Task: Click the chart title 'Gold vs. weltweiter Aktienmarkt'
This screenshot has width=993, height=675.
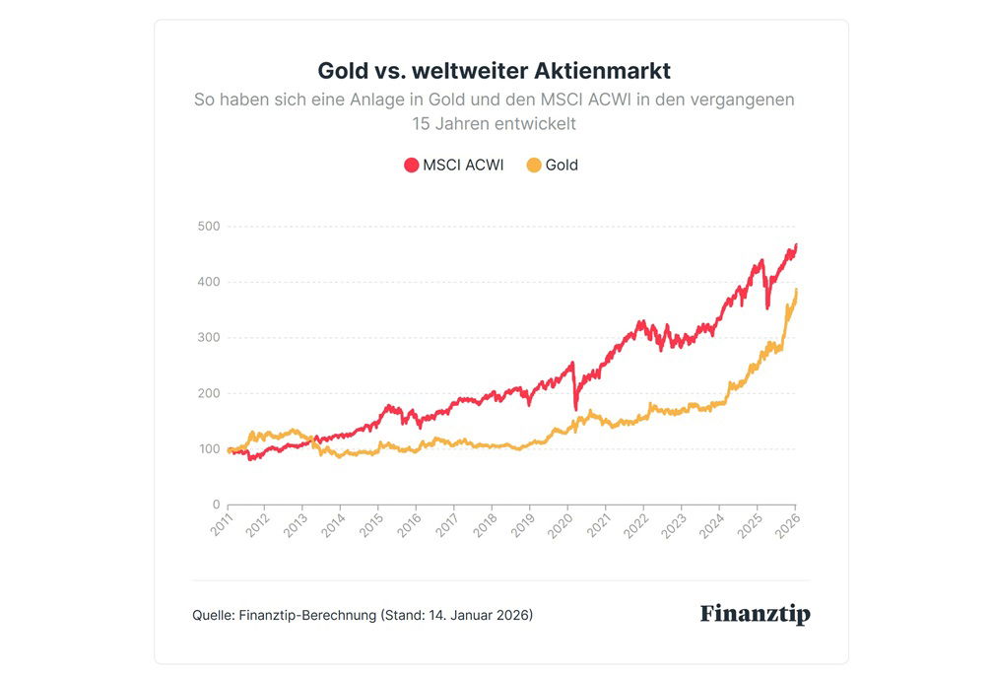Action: click(495, 71)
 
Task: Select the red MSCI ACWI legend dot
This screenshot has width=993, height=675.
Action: click(412, 166)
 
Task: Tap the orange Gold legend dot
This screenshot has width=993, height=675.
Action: click(534, 166)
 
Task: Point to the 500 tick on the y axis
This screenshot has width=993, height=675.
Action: click(208, 227)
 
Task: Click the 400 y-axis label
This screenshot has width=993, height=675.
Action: click(208, 283)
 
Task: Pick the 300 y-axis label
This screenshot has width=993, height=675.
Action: click(208, 338)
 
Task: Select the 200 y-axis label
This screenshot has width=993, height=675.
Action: click(208, 394)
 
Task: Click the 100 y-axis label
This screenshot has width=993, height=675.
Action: click(208, 449)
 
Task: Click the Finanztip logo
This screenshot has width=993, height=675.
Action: click(755, 614)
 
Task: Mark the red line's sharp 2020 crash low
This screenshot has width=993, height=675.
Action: click(575, 409)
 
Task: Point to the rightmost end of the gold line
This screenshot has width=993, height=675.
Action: click(796, 290)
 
